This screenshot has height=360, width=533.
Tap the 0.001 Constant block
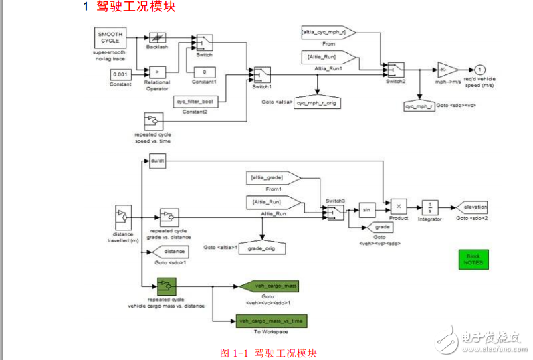click(120, 74)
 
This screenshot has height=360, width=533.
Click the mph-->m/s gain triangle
click(447, 70)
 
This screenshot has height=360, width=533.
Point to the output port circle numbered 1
click(479, 69)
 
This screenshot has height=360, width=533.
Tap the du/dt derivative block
click(158, 161)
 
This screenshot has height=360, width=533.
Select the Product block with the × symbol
click(399, 207)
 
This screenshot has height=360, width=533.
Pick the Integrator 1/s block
click(431, 207)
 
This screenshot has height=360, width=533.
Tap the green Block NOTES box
click(473, 260)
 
